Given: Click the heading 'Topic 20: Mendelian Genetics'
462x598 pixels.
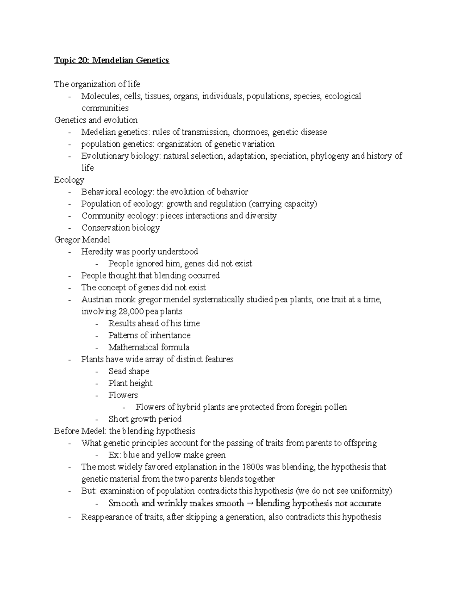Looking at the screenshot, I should [112, 60].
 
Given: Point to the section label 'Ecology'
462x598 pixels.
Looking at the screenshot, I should [69, 180].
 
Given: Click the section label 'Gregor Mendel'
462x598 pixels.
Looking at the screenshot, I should [82, 240].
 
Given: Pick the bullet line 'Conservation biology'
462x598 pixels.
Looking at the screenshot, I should [120, 228].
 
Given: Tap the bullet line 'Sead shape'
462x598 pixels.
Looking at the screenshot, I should [129, 371].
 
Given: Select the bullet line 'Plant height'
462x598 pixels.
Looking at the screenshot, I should [130, 383].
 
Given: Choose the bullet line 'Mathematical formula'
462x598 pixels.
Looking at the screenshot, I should [149, 347].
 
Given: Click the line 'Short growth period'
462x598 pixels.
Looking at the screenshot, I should [145, 419].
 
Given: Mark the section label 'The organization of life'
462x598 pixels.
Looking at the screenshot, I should [97, 84].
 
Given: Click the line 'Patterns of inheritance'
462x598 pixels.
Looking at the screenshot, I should [149, 335].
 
